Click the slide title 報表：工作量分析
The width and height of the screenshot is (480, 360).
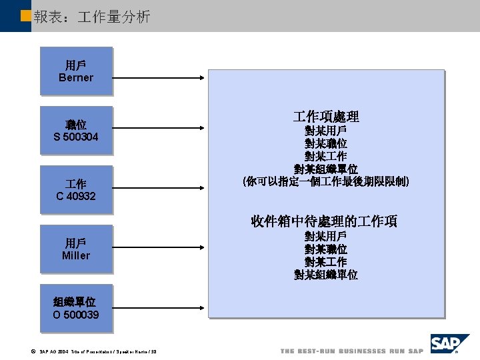click(92, 17)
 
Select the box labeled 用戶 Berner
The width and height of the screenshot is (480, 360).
click(76, 71)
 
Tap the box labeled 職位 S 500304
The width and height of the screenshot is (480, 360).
click(76, 131)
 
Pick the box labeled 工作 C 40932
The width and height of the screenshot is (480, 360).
click(76, 189)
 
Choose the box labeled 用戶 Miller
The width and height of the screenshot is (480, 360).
click(76, 249)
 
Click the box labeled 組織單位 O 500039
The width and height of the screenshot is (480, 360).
click(76, 308)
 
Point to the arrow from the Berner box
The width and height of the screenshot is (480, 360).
click(160, 78)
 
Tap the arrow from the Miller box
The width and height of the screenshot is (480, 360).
click(160, 249)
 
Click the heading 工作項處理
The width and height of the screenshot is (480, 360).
click(326, 117)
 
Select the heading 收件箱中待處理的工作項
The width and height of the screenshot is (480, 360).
click(324, 221)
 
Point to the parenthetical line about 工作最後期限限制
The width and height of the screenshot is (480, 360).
click(326, 181)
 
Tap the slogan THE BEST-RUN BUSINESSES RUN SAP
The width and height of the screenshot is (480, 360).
click(351, 351)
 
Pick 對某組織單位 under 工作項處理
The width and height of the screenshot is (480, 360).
click(326, 169)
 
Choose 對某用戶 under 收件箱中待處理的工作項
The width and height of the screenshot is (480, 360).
click(326, 236)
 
